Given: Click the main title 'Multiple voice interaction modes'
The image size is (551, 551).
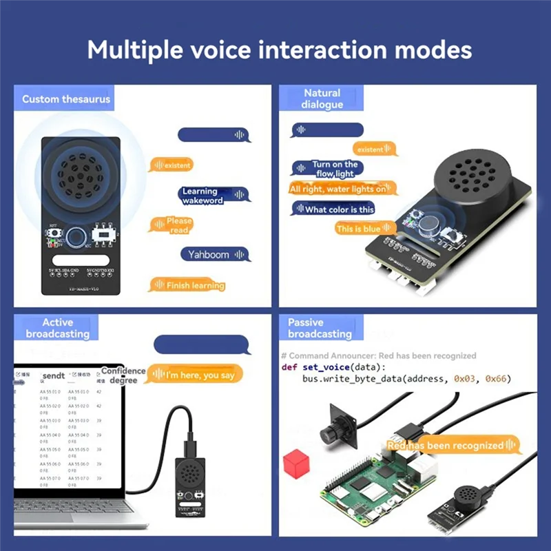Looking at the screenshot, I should click(279, 50).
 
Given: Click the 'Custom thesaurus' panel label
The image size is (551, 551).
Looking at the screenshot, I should click(65, 99).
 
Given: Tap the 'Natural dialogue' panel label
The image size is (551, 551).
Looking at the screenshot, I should click(322, 98).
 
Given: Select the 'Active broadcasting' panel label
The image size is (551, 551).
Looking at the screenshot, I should click(57, 328).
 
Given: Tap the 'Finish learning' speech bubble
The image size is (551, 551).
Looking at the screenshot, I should click(187, 285).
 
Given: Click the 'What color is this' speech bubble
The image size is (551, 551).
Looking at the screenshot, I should click(333, 209).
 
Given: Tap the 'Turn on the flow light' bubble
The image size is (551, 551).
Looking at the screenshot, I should click(328, 169).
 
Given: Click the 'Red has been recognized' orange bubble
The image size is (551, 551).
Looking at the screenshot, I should click(452, 446).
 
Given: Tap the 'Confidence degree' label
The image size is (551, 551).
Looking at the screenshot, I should click(123, 375).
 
